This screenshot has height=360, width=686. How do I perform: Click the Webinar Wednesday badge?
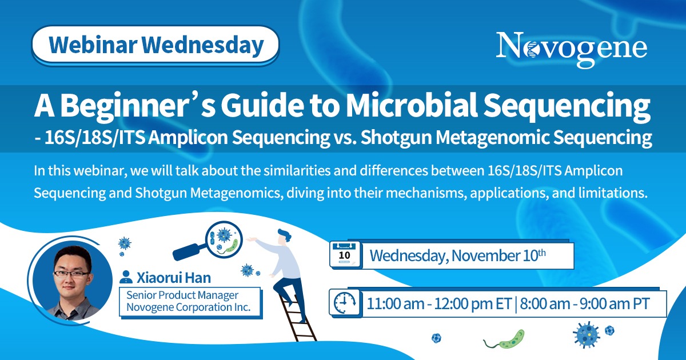tap(155, 45)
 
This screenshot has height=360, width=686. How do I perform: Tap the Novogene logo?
tap(572, 49)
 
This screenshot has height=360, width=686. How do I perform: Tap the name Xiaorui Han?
tap(174, 278)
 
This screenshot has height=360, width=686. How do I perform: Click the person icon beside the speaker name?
tap(126, 277)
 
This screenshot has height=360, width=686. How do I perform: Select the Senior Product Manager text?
tap(182, 295)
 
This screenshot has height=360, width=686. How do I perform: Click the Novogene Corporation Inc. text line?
tap(188, 307)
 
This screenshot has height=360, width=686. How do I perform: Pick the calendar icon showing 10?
tap(345, 255)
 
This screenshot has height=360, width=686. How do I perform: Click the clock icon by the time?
tap(345, 303)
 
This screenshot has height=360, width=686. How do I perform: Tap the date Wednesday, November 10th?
tap(457, 255)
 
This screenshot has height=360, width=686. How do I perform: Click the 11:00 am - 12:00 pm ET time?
tap(439, 303)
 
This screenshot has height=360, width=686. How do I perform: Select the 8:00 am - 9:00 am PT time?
tap(585, 303)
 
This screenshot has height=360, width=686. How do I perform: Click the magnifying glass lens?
tap(224, 239)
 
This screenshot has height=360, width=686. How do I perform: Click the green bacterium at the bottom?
tap(504, 340)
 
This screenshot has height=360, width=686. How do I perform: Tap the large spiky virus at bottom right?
tap(586, 335)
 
